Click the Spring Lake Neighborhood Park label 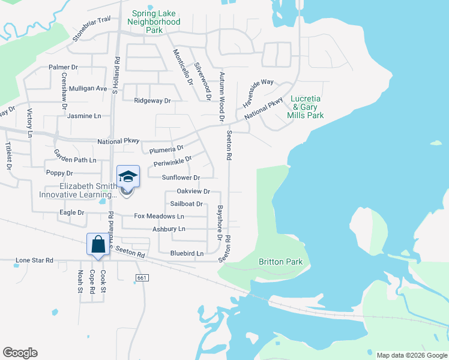[x=154, y=22]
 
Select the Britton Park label [x=280, y=262]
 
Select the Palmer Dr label [x=64, y=67]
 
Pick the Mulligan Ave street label [x=88, y=88]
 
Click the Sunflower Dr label [x=181, y=178]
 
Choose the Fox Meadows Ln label [x=159, y=216]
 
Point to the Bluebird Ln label [x=187, y=254]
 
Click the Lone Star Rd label [x=34, y=260]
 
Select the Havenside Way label [x=258, y=90]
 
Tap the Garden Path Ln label [x=75, y=160]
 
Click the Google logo [x=20, y=353]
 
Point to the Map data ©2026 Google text [x=411, y=355]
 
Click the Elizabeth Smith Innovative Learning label [x=78, y=190]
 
